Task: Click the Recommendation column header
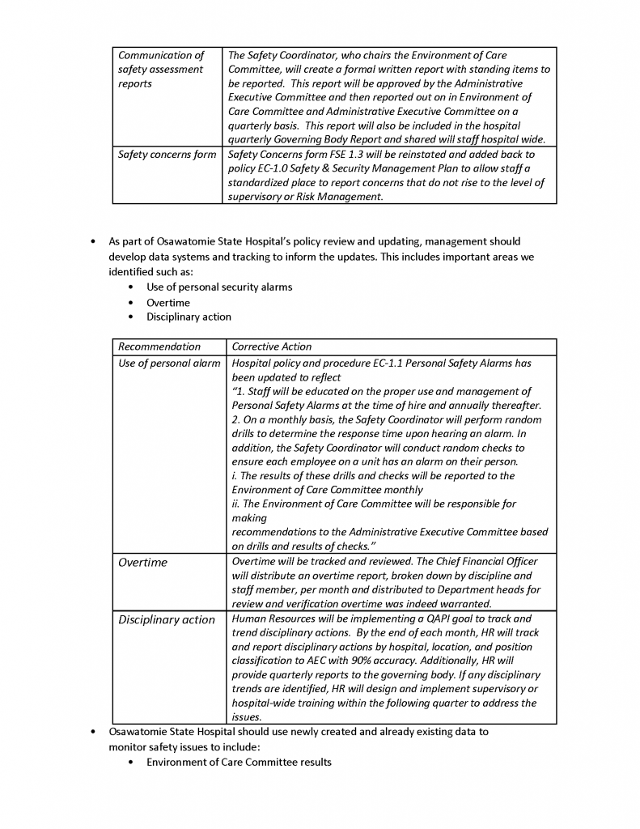pyautogui.click(x=159, y=346)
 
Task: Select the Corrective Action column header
pyautogui.click(x=271, y=346)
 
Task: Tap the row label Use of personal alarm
pyautogui.click(x=169, y=363)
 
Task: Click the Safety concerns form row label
pyautogui.click(x=167, y=154)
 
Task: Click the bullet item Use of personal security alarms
pyautogui.click(x=219, y=287)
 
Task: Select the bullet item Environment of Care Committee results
pyautogui.click(x=239, y=763)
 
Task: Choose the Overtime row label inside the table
pyautogui.click(x=143, y=563)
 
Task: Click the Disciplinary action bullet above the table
pyautogui.click(x=189, y=317)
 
